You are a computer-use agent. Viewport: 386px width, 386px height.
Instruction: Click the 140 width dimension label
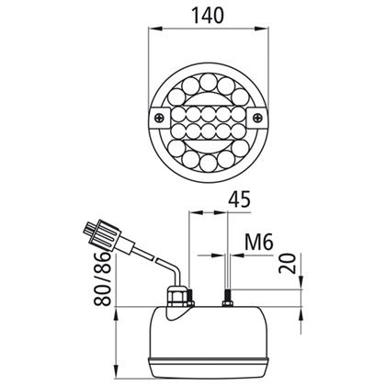208,16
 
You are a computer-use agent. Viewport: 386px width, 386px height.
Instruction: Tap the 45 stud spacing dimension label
239,199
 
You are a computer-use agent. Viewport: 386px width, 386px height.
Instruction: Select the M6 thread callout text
259,243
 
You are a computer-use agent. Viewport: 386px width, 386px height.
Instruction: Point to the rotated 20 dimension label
288,263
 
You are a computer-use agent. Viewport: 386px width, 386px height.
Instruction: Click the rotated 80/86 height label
102,278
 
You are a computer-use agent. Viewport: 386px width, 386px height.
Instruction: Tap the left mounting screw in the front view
159,118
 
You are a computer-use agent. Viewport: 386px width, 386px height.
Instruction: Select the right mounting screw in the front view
258,117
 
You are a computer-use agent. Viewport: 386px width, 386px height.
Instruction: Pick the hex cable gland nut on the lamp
177,297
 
